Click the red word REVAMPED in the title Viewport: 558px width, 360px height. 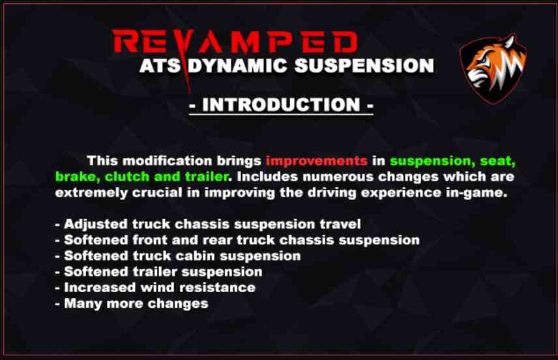click(x=235, y=42)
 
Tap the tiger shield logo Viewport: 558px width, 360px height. click(x=493, y=68)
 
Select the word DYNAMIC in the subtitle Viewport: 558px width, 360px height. click(x=237, y=65)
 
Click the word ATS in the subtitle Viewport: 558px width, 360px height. click(x=160, y=65)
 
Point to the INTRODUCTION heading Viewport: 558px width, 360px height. click(x=281, y=105)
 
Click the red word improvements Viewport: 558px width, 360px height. click(x=317, y=160)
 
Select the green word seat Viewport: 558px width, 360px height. click(x=497, y=161)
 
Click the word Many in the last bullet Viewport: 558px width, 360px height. click(x=83, y=304)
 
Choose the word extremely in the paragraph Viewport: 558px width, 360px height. click(x=91, y=193)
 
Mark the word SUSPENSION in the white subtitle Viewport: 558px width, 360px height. click(x=364, y=65)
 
